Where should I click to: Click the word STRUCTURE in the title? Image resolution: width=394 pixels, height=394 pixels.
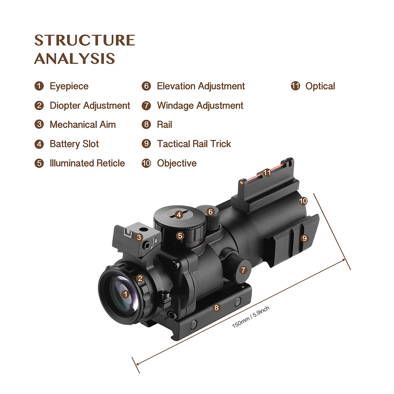[85, 40]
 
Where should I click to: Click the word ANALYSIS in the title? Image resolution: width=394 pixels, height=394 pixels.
[74, 59]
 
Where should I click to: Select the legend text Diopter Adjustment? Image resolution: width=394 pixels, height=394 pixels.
[90, 106]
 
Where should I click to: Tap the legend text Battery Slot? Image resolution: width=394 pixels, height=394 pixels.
[74, 144]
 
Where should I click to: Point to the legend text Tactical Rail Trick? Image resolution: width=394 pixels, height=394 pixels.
[194, 144]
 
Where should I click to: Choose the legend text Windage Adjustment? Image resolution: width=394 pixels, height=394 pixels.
[200, 106]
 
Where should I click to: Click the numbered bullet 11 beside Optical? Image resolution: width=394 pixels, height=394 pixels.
[295, 86]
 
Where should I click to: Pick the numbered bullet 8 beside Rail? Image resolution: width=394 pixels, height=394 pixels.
[146, 125]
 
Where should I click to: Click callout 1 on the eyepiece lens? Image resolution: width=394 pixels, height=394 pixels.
[125, 294]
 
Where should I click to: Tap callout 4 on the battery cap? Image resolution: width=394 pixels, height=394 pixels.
[179, 215]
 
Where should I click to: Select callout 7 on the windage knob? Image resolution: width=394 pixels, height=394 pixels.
[243, 270]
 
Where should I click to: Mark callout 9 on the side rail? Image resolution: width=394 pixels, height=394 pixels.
[305, 238]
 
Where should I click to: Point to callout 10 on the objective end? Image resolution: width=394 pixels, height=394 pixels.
[303, 201]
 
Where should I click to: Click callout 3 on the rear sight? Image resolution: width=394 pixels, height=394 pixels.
[139, 237]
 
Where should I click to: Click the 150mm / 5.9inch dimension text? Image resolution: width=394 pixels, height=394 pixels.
[251, 317]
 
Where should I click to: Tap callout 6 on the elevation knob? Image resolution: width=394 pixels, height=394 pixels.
[210, 212]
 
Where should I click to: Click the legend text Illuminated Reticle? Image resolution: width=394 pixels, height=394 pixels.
[87, 164]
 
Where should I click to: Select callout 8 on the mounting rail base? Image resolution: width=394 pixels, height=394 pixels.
[216, 308]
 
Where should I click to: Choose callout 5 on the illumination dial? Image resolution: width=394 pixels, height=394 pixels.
[180, 236]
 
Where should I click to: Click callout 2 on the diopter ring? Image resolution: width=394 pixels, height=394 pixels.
[140, 279]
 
